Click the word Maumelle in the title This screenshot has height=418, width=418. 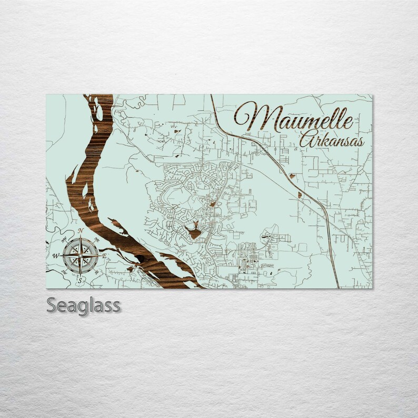pos(293,118)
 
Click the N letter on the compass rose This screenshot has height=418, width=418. pos(80,231)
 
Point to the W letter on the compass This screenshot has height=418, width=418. pos(55,255)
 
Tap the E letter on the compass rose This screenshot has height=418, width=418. pos(104,256)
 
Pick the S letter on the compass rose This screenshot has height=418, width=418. pos(79,281)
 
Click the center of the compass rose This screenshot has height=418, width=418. pos(79,256)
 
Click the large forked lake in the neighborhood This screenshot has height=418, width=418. pos(193,230)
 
